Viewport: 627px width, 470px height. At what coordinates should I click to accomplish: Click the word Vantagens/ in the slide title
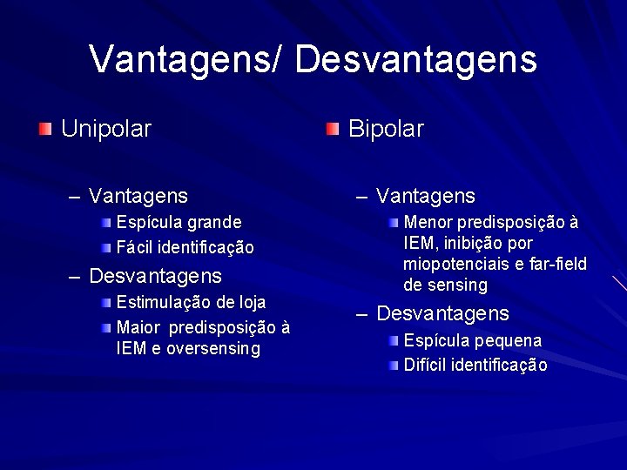(x=186, y=60)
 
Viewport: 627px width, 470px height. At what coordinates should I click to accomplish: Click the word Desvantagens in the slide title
(x=415, y=60)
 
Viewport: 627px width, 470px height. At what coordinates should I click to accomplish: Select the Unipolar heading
(x=106, y=130)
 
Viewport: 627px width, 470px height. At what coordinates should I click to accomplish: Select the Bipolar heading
(x=386, y=130)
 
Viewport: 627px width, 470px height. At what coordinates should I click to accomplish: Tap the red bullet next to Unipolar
(x=45, y=130)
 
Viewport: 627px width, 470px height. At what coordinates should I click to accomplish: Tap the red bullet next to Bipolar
(x=333, y=130)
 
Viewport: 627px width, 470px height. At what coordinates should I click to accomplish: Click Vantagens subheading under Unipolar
(x=138, y=197)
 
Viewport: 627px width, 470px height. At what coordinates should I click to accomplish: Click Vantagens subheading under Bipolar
(x=426, y=197)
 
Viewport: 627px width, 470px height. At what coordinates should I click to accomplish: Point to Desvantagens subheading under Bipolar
(x=442, y=313)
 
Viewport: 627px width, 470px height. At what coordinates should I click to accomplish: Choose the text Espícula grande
(x=179, y=223)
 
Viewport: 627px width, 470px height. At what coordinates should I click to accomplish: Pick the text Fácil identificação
(x=185, y=248)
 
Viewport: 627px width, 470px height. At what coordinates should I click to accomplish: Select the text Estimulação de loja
(x=191, y=303)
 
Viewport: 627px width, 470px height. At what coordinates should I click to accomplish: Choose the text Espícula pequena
(x=472, y=340)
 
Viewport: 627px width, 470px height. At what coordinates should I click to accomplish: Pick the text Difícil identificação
(x=475, y=366)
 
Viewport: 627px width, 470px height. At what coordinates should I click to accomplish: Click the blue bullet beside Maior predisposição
(x=105, y=328)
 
